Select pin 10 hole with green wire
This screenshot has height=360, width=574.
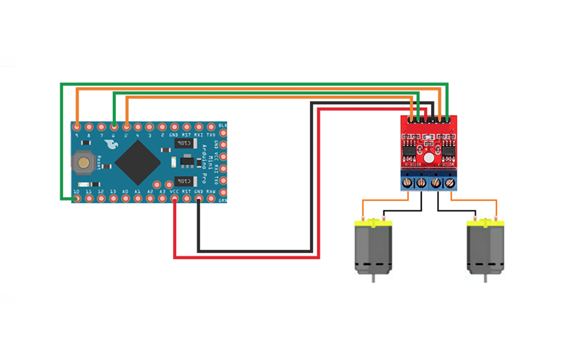pyautogui.click(x=77, y=197)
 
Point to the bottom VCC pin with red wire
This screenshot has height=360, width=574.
pyautogui.click(x=174, y=197)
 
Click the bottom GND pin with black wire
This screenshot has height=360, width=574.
pyautogui.click(x=199, y=197)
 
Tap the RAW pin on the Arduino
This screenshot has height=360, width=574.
pyautogui.click(x=210, y=197)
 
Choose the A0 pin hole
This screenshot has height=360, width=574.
pyautogui.click(x=126, y=197)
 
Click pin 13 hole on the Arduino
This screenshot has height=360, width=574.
pyautogui.click(x=114, y=197)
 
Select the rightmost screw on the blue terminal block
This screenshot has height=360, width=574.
pyautogui.click(x=449, y=183)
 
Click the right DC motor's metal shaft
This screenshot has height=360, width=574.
pyautogui.click(x=484, y=278)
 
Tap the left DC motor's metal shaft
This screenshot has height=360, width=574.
pyautogui.click(x=372, y=278)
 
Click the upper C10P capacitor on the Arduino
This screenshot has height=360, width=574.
pyautogui.click(x=184, y=142)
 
